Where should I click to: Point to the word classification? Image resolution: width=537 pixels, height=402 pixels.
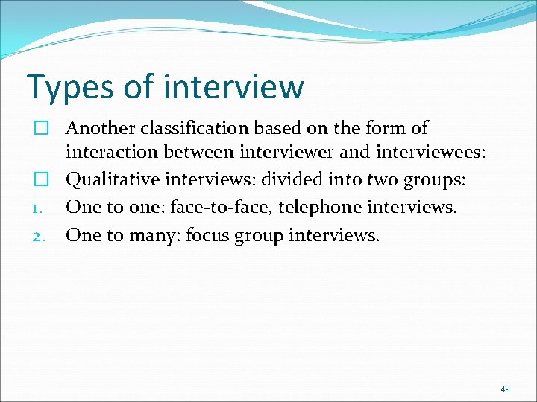pos(189,128)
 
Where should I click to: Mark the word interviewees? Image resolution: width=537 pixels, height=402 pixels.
pos(438,153)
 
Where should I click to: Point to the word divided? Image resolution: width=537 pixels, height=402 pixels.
pos(287,179)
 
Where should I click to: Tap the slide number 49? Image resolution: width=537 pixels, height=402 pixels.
pos(506,389)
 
